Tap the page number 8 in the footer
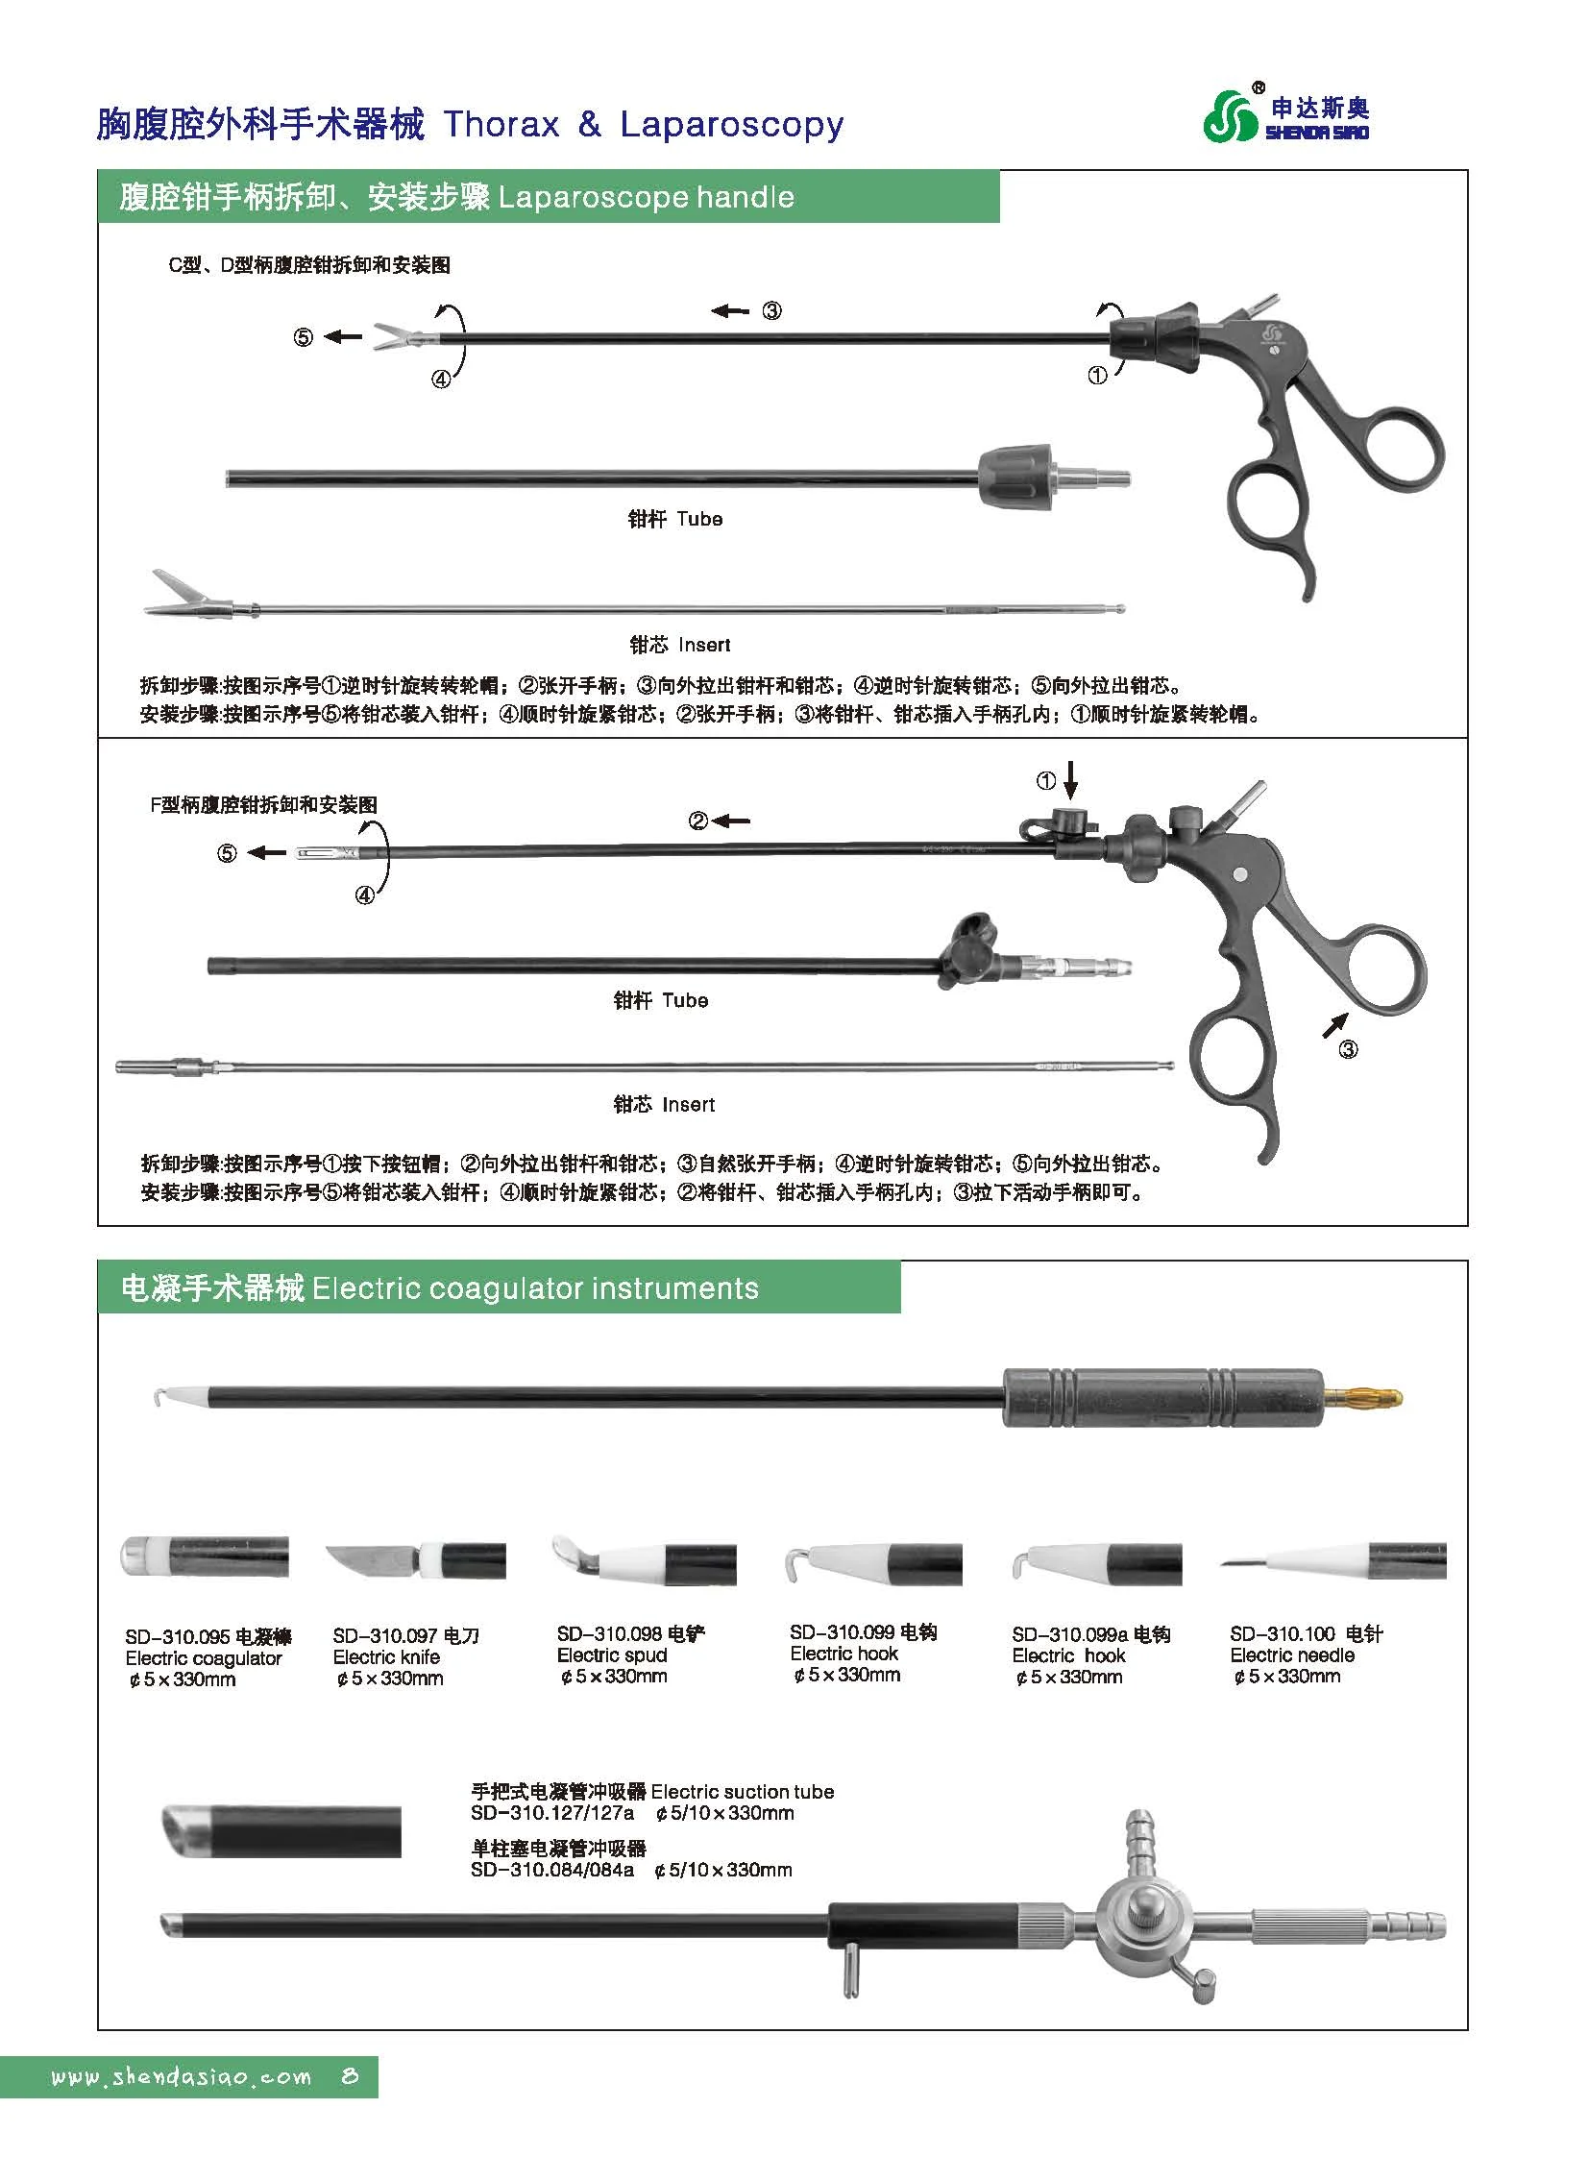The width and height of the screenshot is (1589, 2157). click(349, 2104)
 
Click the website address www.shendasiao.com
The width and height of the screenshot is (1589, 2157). click(182, 2104)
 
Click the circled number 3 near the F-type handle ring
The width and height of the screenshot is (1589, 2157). click(1348, 1048)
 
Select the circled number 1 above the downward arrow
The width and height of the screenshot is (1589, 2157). click(1045, 781)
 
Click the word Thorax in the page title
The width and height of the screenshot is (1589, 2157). click(501, 125)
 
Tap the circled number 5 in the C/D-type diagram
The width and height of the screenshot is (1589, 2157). click(303, 337)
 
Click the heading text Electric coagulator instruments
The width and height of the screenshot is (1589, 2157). click(535, 1288)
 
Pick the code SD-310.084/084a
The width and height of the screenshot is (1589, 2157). click(552, 1871)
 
